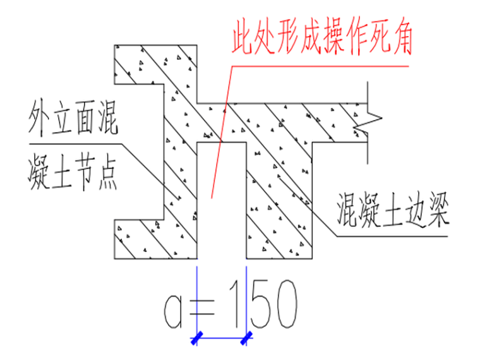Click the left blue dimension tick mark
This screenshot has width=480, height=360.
point(198,339)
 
